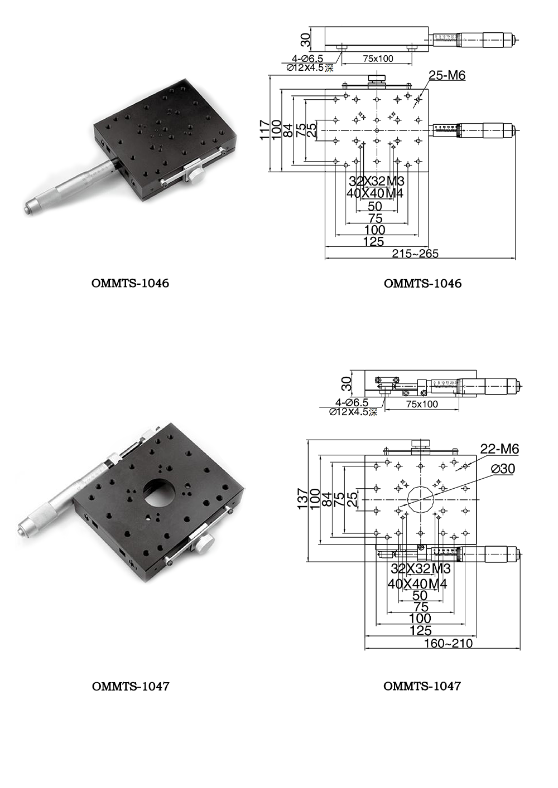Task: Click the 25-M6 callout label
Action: pos(446,75)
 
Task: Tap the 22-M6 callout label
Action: pos(499,449)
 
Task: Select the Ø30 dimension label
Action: pos(503,469)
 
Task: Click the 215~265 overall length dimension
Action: pos(415,254)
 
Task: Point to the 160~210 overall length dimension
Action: pos(448,644)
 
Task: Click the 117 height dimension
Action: pos(266,130)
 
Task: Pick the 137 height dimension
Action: pos(303,499)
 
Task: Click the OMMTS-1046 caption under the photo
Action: pos(130,283)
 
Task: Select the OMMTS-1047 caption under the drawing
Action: pos(422,686)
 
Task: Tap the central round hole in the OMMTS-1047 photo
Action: pos(160,490)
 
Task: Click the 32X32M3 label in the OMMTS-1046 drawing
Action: pos(377,181)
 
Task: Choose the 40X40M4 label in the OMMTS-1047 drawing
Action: pos(417,584)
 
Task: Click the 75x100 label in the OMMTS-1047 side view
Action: pos(422,404)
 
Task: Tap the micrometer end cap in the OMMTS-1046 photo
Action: pos(28,208)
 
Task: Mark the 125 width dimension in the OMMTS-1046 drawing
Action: pos(373,242)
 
